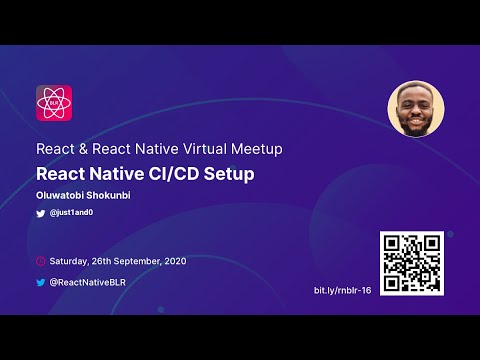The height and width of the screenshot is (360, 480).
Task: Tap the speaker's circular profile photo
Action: pos(414,109)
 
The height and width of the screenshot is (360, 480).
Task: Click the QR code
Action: pos(410,262)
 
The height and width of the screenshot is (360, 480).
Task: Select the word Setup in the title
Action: pos(230,173)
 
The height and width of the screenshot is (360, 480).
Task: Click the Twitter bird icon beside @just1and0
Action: pos(41,214)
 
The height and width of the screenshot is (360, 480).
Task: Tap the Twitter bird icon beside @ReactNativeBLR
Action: pos(41,282)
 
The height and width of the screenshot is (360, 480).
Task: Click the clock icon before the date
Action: pos(41,261)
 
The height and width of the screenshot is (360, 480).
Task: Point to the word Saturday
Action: pos(68,261)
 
